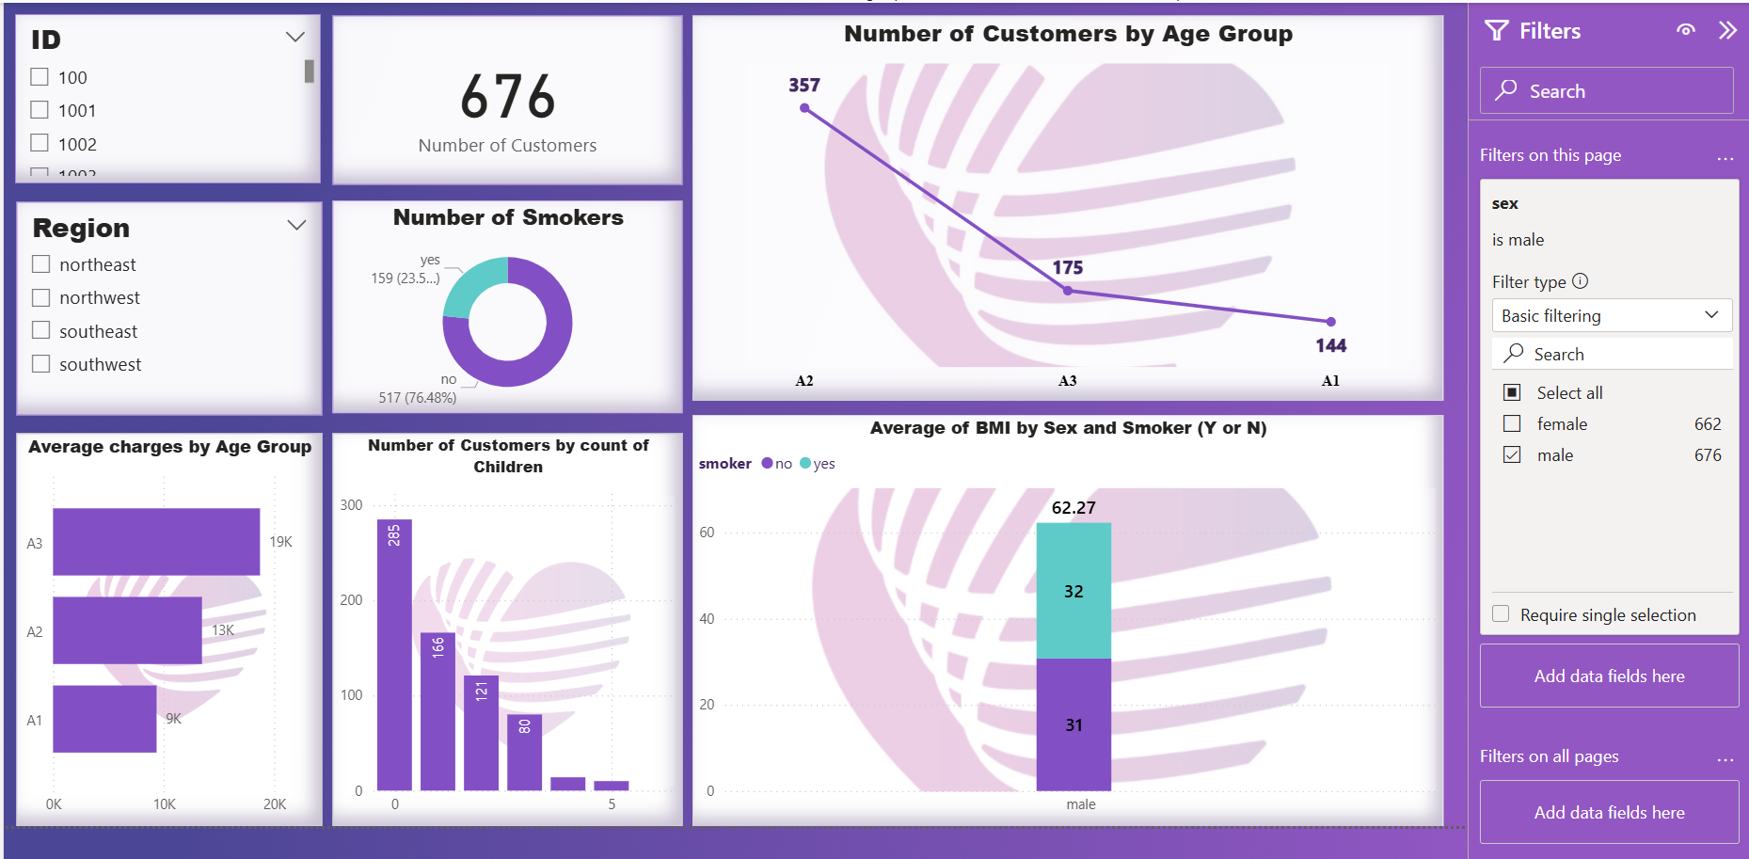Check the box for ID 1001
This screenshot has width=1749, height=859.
[40, 110]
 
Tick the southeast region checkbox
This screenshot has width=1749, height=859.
[40, 330]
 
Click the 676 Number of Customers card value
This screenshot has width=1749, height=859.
[508, 98]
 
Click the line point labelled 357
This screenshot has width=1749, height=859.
[804, 108]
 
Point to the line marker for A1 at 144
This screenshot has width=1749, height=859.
[1330, 322]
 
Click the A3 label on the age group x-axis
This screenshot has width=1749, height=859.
[1067, 381]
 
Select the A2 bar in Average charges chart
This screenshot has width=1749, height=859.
[127, 630]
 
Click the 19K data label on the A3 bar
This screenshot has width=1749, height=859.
[280, 542]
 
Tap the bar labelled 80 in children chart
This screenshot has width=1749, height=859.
[524, 753]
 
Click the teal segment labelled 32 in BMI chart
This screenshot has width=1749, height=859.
[1073, 591]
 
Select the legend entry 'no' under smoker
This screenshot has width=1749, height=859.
[777, 464]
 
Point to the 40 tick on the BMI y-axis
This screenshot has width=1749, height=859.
[707, 619]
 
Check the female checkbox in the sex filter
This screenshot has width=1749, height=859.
[1512, 423]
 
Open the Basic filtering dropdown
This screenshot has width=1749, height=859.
[1611, 315]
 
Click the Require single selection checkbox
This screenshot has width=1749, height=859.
[1501, 614]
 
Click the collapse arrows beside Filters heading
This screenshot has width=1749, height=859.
[1727, 30]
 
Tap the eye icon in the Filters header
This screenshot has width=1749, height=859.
[1686, 30]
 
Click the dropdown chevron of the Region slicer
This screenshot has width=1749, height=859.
[296, 226]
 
